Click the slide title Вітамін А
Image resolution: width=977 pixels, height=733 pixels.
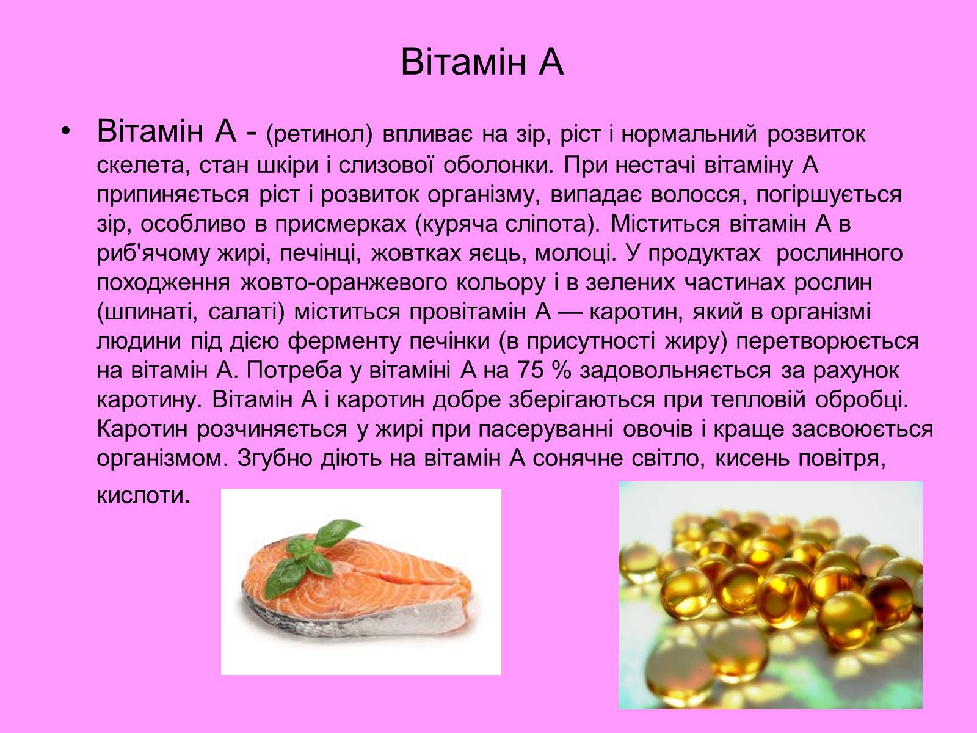click(x=482, y=62)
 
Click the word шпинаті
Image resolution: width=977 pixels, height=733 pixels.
click(x=147, y=313)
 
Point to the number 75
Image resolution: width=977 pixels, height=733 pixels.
click(x=530, y=371)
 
